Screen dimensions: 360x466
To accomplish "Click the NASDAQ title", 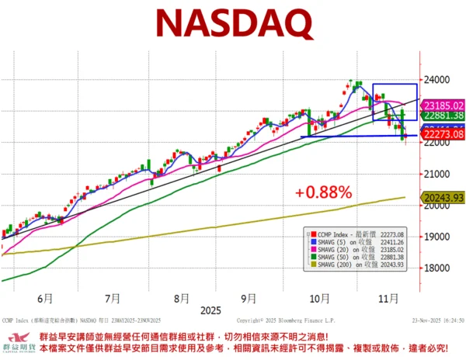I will [233, 24].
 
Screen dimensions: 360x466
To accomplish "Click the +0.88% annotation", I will [324, 191].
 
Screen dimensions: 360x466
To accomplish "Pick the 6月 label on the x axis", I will [44, 297].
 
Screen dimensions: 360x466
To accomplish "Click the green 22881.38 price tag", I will [442, 115].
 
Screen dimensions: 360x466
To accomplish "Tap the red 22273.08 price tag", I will [442, 135].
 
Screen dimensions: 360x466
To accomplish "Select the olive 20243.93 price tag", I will [442, 199].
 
